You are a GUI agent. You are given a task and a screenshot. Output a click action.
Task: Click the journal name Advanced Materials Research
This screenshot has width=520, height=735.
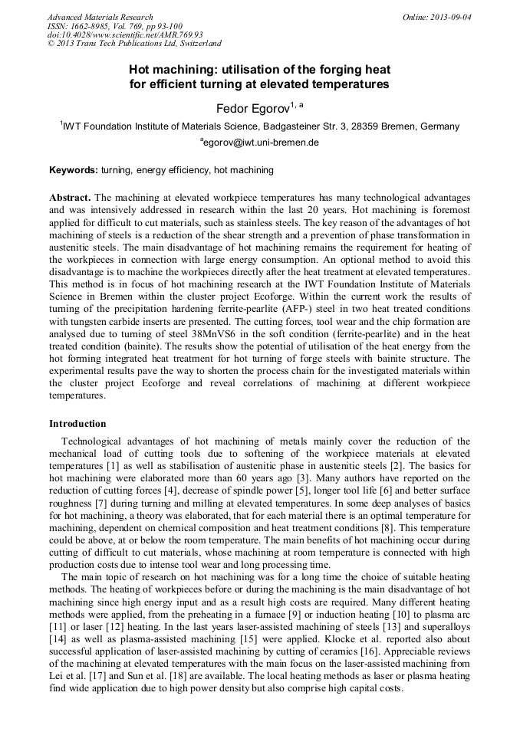pyautogui.click(x=100, y=17)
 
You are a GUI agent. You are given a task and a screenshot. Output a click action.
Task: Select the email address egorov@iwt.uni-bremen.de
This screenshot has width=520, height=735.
pyautogui.click(x=260, y=143)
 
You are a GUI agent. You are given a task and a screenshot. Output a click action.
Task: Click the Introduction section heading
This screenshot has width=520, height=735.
pyautogui.click(x=77, y=423)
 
